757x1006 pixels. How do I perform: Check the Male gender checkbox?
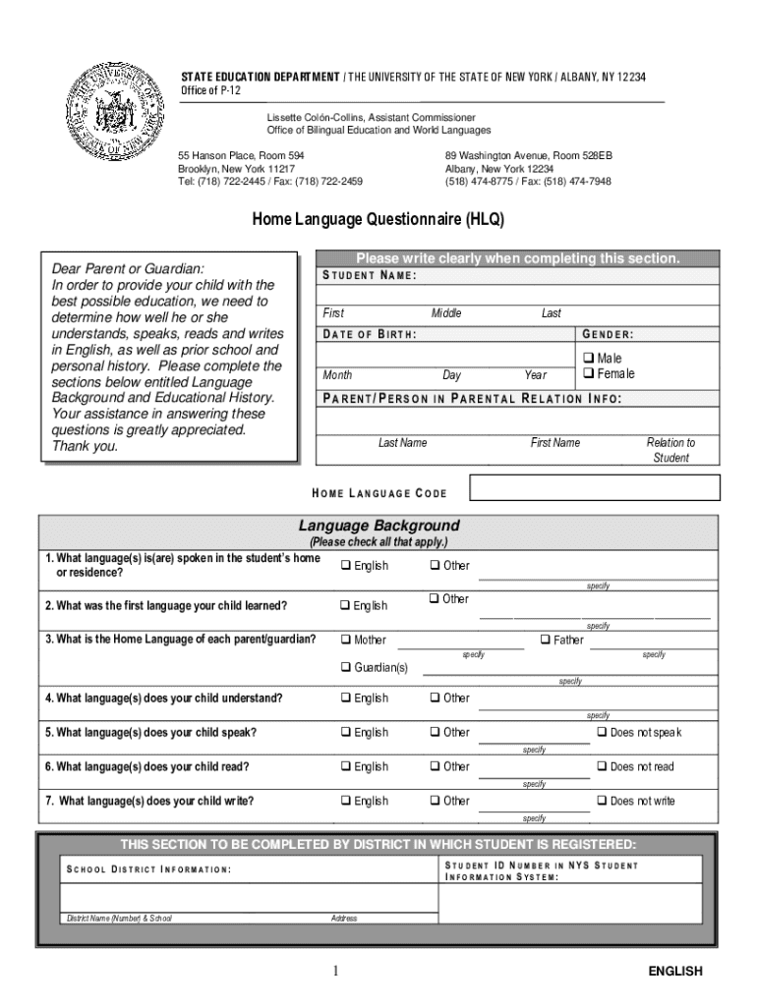(x=589, y=359)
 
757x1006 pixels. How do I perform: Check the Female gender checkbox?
(x=589, y=373)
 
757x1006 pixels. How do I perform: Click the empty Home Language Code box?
(x=595, y=488)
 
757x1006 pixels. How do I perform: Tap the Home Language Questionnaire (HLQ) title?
(x=378, y=220)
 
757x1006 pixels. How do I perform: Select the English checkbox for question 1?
(x=346, y=566)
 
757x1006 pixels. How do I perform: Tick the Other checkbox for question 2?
(x=435, y=599)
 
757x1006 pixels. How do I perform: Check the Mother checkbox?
(x=346, y=640)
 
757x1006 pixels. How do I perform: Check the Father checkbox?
(x=546, y=640)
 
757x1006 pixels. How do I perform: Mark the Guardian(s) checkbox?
(x=346, y=668)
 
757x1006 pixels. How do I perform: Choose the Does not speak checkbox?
(x=602, y=733)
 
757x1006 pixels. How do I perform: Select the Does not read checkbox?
(x=602, y=767)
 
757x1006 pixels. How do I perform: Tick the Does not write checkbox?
(x=602, y=802)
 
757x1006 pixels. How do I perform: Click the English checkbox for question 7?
(x=346, y=802)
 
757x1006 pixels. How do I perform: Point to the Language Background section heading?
(x=378, y=527)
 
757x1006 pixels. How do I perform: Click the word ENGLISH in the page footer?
(x=674, y=972)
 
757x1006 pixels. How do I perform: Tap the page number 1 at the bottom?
(x=335, y=972)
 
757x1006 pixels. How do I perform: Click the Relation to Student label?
(x=670, y=450)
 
